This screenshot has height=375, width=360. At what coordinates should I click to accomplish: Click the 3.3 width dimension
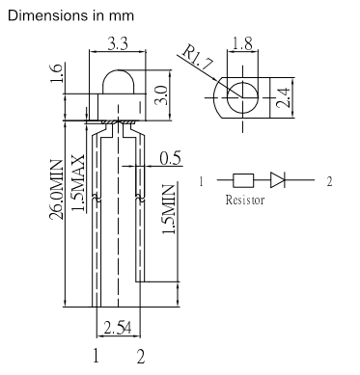point(118,43)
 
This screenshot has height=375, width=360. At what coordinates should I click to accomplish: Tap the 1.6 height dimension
point(56,73)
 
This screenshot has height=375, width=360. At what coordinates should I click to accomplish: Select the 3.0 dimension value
point(161,94)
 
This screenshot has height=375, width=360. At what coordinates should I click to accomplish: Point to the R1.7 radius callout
point(198,59)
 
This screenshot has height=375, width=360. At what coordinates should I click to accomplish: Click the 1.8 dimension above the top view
point(242,43)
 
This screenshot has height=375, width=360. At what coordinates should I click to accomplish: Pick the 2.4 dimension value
point(284,97)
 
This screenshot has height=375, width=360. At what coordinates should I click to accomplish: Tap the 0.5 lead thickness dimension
point(170,158)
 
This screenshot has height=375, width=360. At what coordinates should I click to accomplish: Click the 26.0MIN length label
point(56,190)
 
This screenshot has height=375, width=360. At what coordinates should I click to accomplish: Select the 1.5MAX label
point(78,183)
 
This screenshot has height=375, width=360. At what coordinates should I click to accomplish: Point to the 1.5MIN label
point(168,209)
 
